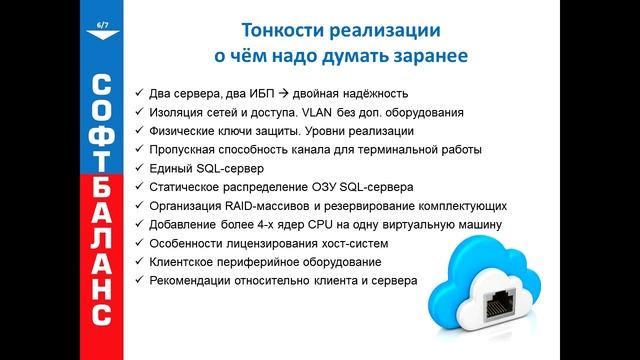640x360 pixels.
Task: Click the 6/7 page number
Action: point(102,23)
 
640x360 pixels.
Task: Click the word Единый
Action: point(171,168)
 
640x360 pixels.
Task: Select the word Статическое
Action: point(189,187)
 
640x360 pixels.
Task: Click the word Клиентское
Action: point(184,262)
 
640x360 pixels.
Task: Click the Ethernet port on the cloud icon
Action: point(498,306)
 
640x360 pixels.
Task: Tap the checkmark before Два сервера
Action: point(138,94)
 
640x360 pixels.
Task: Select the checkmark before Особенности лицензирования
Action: point(138,243)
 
